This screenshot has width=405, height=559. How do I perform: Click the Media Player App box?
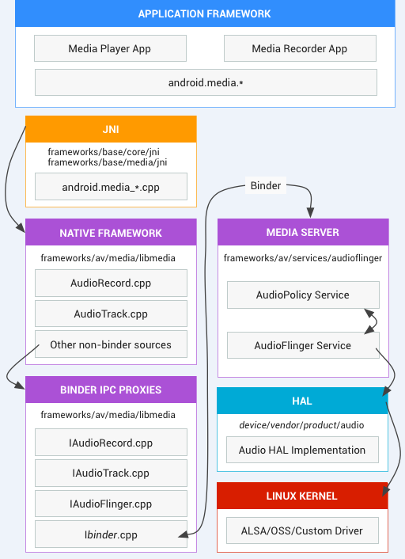click(x=110, y=48)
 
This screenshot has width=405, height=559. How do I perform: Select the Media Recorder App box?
click(x=299, y=48)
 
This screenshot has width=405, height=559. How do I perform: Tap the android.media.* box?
click(x=205, y=82)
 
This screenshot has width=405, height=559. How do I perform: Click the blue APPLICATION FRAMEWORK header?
click(x=204, y=13)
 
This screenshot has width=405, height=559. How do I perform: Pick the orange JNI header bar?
click(x=111, y=129)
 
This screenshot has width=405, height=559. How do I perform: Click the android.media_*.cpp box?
click(x=111, y=187)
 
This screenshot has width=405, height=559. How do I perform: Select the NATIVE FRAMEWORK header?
click(x=111, y=233)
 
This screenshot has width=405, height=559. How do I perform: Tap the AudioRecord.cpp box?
click(x=111, y=283)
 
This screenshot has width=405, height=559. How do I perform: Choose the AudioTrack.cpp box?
click(x=111, y=314)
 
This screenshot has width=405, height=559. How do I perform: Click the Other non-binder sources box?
click(x=111, y=344)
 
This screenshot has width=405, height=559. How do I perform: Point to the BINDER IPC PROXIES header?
click(x=111, y=390)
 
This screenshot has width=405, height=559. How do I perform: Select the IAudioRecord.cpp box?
click(x=111, y=443)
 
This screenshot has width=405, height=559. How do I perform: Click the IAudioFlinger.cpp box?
click(x=111, y=504)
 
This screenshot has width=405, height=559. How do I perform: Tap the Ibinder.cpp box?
click(x=111, y=534)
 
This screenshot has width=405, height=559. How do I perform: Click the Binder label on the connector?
click(x=265, y=186)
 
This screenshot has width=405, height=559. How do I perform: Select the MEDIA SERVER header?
click(x=303, y=233)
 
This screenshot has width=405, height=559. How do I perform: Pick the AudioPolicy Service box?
click(x=303, y=295)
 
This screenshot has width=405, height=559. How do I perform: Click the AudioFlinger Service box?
click(x=303, y=345)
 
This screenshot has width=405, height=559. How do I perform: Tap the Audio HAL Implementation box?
click(x=303, y=450)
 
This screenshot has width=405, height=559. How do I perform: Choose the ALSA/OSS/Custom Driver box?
click(x=303, y=530)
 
